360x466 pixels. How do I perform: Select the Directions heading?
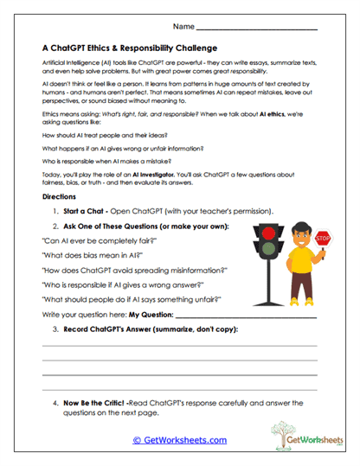click(59, 197)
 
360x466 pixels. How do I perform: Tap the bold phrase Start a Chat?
click(87, 212)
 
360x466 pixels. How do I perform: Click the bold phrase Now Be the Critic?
click(92, 403)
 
